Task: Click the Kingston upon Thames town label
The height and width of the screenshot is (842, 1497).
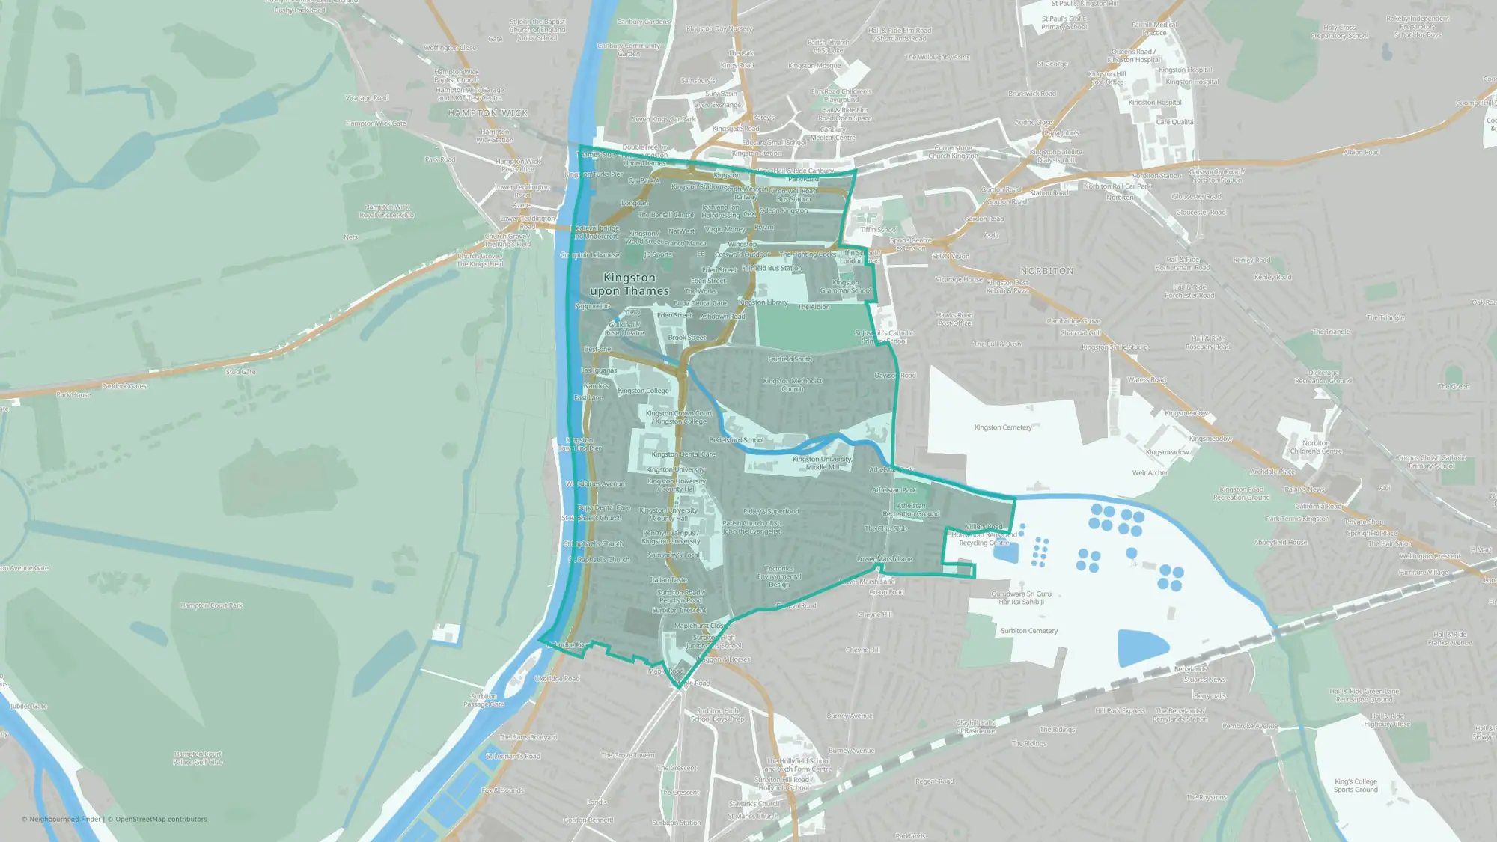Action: pyautogui.click(x=629, y=284)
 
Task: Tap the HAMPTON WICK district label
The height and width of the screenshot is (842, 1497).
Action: pyautogui.click(x=488, y=113)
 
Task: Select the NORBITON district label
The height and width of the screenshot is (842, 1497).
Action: pyautogui.click(x=1046, y=271)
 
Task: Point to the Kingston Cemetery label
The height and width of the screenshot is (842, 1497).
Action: pyautogui.click(x=1003, y=427)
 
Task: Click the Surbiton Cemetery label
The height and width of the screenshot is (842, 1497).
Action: pyautogui.click(x=1029, y=631)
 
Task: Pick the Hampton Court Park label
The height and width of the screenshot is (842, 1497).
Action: pyautogui.click(x=212, y=605)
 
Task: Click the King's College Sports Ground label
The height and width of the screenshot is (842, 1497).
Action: pyautogui.click(x=1356, y=785)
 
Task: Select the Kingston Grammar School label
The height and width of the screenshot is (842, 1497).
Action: pyautogui.click(x=846, y=287)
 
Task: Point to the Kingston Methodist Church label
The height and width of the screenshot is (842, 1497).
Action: pyautogui.click(x=792, y=385)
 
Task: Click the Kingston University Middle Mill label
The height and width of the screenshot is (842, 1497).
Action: pyautogui.click(x=822, y=463)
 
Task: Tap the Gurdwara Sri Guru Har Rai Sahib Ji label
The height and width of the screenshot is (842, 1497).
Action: pyautogui.click(x=1021, y=597)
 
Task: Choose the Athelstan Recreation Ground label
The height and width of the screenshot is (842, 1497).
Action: pyautogui.click(x=911, y=510)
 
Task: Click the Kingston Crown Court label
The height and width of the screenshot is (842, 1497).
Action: pyautogui.click(x=680, y=413)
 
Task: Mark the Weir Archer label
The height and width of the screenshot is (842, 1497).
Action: pyautogui.click(x=1150, y=472)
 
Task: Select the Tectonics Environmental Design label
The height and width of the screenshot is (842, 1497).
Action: pyautogui.click(x=779, y=576)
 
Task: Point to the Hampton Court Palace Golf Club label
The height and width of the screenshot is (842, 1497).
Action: pyautogui.click(x=198, y=758)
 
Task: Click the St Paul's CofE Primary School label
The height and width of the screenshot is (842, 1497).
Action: pyautogui.click(x=1064, y=22)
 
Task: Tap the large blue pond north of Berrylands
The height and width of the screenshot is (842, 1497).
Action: pyautogui.click(x=1142, y=647)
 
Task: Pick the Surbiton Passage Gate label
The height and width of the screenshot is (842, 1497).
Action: pyautogui.click(x=484, y=700)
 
